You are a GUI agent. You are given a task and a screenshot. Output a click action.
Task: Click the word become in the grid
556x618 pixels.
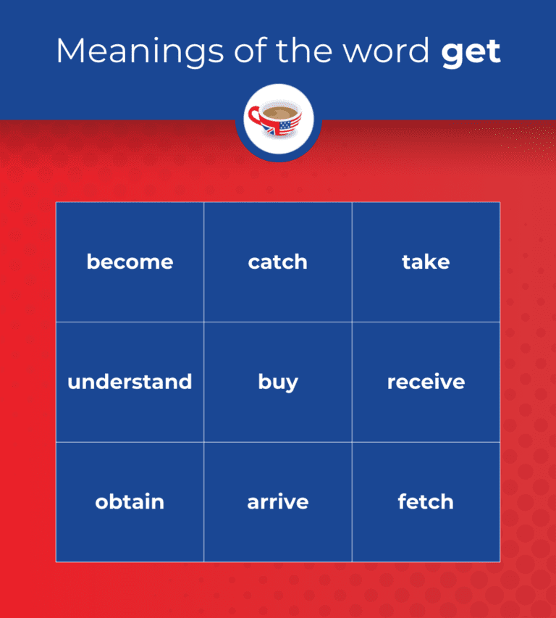click(130, 262)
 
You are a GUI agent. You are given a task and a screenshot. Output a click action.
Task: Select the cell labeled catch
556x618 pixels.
click(277, 262)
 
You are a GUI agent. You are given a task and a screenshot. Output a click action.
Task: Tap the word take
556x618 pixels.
click(426, 262)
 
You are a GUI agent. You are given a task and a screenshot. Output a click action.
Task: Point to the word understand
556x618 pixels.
click(130, 382)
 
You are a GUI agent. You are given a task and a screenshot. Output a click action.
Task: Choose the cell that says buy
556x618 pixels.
click(277, 383)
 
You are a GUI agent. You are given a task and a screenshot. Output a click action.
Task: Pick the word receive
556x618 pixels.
click(426, 382)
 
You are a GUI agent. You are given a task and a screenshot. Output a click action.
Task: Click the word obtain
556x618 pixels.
click(130, 501)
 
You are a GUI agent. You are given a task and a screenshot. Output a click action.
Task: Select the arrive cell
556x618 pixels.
click(277, 501)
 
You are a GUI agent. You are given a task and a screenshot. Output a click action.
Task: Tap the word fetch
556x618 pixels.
click(426, 501)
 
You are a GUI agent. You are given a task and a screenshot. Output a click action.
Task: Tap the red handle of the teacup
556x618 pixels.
click(254, 115)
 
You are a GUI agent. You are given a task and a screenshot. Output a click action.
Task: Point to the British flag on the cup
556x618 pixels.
click(270, 130)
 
